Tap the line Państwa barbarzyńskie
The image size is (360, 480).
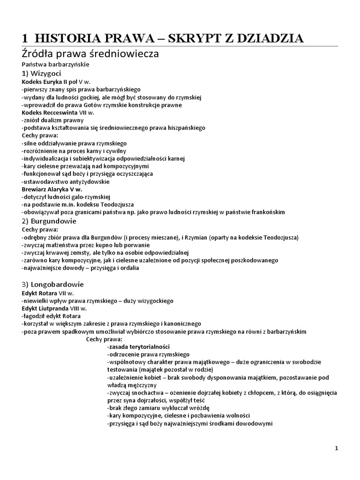55,64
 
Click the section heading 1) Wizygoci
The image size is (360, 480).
41,74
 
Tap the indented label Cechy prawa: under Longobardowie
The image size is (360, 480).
104,339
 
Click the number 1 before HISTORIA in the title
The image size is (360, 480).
26,38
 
